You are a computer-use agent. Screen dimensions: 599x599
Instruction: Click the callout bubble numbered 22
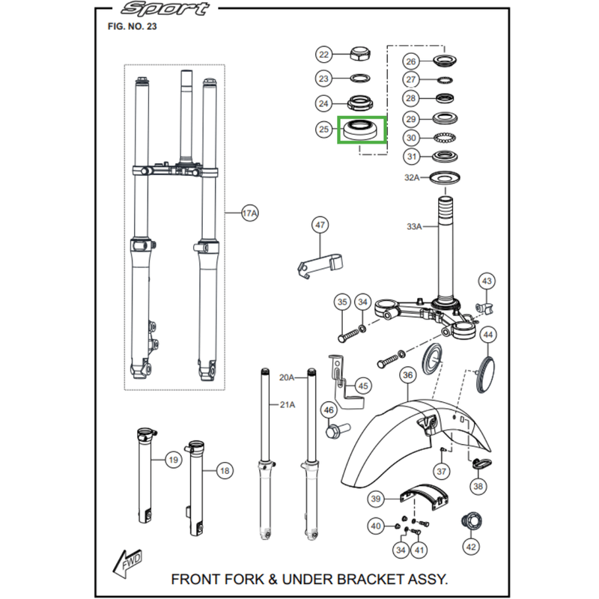point(323,55)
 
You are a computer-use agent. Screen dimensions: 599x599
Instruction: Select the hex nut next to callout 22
point(361,54)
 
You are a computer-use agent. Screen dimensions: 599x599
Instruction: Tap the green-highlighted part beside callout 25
point(361,130)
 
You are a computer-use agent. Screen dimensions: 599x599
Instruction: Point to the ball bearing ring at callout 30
point(448,138)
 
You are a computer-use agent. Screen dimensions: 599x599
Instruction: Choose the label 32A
point(412,177)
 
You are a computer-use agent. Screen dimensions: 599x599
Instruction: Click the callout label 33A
point(415,225)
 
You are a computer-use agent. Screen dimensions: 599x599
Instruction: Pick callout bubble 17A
point(250,214)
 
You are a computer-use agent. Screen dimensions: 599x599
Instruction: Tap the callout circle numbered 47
point(320,225)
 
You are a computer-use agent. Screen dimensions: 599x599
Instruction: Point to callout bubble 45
point(363,386)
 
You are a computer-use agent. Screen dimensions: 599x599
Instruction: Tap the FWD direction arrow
point(127,559)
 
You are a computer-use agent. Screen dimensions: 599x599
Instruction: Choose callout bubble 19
point(173,459)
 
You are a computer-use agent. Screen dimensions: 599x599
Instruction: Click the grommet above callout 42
point(470,520)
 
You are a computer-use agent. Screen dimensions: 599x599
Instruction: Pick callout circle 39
point(376,498)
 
